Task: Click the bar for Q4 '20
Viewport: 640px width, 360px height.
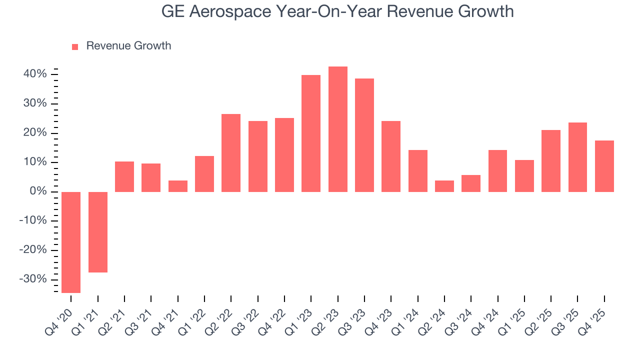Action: (x=71, y=242)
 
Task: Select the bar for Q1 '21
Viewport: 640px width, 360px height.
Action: (x=98, y=232)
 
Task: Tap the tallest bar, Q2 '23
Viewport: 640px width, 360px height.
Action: (x=338, y=129)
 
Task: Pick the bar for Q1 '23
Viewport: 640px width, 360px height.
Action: (x=311, y=133)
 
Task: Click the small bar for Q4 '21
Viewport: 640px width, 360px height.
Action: (x=178, y=186)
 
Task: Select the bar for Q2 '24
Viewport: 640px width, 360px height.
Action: (x=444, y=186)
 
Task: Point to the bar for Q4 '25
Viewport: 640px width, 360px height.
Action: (x=604, y=166)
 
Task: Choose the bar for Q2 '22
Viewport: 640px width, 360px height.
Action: (x=231, y=153)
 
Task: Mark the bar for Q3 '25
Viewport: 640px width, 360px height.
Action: (x=577, y=157)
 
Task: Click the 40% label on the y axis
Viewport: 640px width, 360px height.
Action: (x=35, y=74)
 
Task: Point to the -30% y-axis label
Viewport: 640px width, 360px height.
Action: (x=33, y=279)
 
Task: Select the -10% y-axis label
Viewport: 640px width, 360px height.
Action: (x=33, y=220)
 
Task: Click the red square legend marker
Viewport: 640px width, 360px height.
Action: (x=75, y=46)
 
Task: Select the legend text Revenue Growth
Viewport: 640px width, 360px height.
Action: (x=128, y=46)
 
